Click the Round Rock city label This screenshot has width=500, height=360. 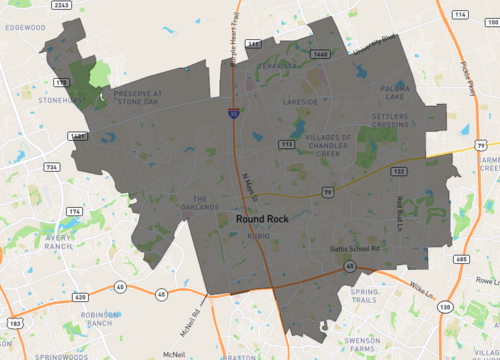(263, 217)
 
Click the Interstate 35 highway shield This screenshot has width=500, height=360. (232, 115)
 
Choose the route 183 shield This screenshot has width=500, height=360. (13, 324)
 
